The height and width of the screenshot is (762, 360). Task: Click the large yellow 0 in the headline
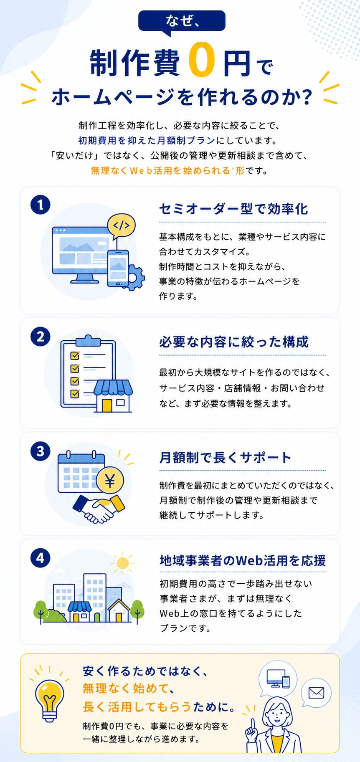202,60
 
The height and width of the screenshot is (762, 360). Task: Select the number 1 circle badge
41,205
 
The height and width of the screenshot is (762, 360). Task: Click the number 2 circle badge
41,337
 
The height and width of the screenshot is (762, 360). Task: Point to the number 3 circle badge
41,451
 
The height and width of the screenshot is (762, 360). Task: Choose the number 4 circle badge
41,558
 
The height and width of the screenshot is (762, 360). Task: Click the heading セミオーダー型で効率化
233,208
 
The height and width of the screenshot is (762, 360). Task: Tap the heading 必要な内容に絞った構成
234,342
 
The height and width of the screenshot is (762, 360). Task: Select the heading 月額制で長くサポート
225,457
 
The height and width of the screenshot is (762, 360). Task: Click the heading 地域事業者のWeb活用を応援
243,560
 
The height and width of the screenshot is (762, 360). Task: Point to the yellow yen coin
110,481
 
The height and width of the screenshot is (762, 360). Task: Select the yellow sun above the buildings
123,563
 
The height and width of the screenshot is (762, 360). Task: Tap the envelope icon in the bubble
316,693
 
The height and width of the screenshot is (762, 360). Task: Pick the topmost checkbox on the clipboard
75,356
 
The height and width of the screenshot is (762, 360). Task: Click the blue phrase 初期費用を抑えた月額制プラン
147,140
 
